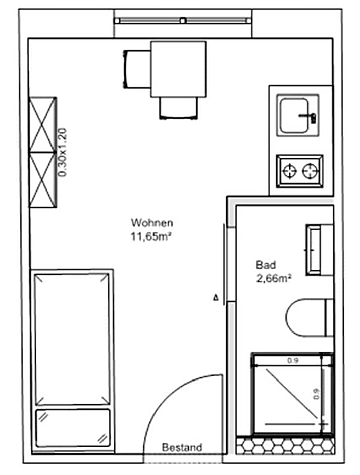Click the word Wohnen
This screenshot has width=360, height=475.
(152, 222)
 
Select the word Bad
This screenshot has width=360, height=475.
(265, 264)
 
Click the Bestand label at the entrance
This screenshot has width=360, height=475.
(182, 447)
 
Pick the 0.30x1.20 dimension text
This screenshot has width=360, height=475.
(63, 152)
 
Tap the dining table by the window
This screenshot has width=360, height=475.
(178, 69)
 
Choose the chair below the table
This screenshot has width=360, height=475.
(178, 108)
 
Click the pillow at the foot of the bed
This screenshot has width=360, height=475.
(73, 427)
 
